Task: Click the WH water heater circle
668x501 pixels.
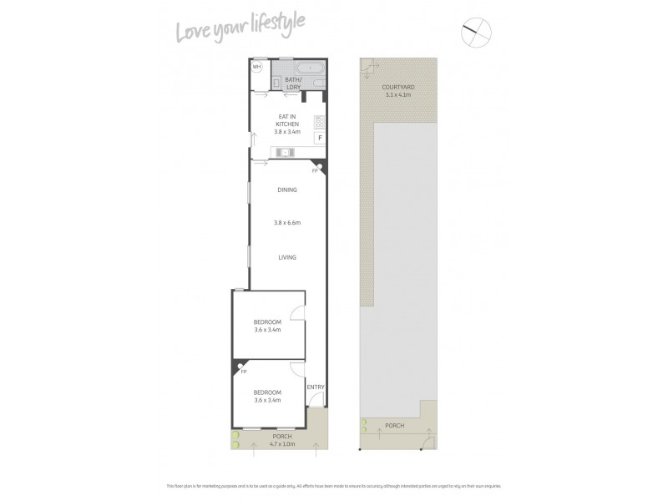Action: point(257,66)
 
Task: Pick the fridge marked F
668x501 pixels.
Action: point(318,138)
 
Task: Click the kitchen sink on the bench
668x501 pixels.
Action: point(285,152)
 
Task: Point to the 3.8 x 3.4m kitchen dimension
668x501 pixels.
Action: point(286,131)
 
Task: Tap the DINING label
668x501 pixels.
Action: point(286,190)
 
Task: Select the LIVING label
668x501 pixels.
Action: point(286,257)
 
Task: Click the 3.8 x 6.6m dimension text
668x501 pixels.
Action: point(286,223)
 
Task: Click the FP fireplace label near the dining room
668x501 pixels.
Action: point(315,170)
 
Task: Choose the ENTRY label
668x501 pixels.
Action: point(315,387)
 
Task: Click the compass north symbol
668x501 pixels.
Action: point(477,32)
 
